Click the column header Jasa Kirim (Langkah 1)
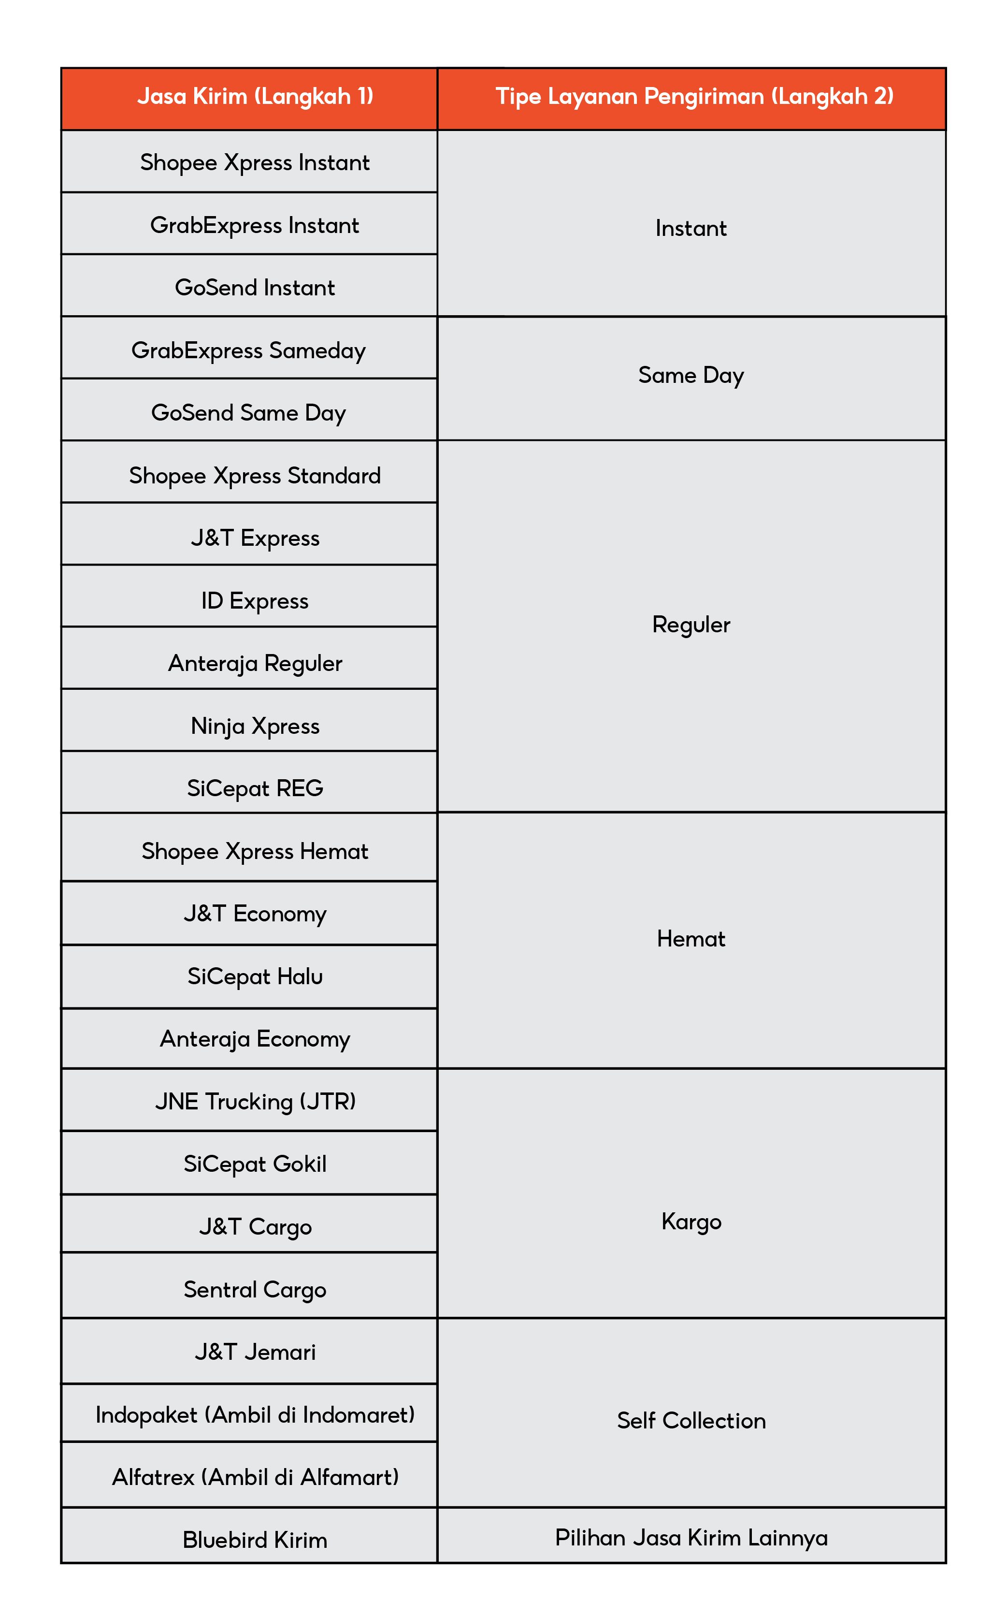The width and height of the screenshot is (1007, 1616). (x=255, y=97)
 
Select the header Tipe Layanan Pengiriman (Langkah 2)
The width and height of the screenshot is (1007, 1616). (x=694, y=97)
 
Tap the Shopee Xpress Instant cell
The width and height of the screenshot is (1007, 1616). (x=255, y=162)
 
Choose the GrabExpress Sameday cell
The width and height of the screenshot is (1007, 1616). (x=248, y=350)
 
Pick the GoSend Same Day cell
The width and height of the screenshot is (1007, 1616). (x=248, y=413)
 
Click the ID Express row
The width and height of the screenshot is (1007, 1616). (x=255, y=601)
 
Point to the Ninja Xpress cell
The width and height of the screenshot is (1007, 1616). (x=255, y=726)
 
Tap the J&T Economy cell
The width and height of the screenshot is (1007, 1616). (x=255, y=914)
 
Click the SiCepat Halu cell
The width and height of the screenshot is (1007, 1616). (x=255, y=976)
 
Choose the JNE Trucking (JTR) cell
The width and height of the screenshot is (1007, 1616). (x=255, y=1102)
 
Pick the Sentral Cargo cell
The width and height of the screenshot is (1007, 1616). (x=255, y=1290)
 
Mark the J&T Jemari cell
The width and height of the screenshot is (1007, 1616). (x=255, y=1352)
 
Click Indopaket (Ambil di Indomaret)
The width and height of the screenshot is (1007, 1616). (x=255, y=1415)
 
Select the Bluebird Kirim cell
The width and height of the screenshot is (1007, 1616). (x=255, y=1540)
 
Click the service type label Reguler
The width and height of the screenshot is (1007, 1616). (x=691, y=625)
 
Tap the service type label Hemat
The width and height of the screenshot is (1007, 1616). (x=691, y=939)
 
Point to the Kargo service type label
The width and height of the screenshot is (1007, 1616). (x=691, y=1222)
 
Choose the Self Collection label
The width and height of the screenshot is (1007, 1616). (x=691, y=1420)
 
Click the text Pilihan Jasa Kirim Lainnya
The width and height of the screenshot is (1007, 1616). (x=691, y=1537)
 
